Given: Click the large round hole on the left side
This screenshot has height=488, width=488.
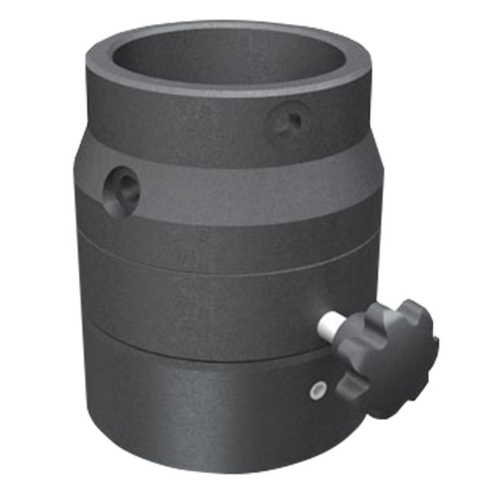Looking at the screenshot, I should (x=121, y=189).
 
